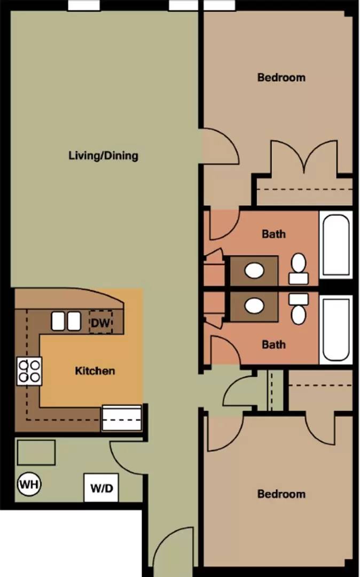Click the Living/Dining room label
[x=103, y=155]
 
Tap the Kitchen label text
[x=95, y=371]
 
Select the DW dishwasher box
[x=101, y=323]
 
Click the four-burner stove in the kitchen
[x=29, y=371]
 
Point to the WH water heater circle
[x=29, y=484]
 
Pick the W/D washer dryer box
[x=101, y=488]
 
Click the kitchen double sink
[x=66, y=321]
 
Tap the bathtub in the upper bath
[x=336, y=245]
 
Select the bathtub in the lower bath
[x=336, y=330]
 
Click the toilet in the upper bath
[x=299, y=269]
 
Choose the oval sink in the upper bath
[x=254, y=271]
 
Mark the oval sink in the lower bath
[x=254, y=306]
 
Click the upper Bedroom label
[x=281, y=77]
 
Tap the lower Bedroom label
[x=281, y=494]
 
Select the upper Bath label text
[x=273, y=233]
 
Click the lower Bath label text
[x=273, y=345]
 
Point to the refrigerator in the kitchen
[x=122, y=418]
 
